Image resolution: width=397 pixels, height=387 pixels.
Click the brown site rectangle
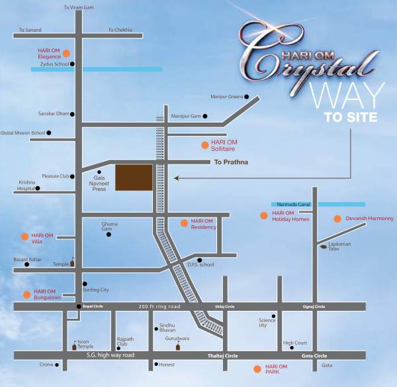(x=134, y=178)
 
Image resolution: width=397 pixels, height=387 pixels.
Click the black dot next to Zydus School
(x=71, y=64)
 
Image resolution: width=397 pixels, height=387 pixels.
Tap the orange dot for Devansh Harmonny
(x=338, y=219)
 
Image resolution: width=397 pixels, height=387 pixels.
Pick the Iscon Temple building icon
(x=74, y=345)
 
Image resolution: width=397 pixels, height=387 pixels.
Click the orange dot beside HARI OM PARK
(x=257, y=368)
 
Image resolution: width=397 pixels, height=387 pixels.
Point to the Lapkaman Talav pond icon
(x=322, y=247)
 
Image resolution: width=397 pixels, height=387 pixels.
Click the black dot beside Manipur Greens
(x=247, y=97)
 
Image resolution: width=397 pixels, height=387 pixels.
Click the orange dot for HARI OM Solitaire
(x=204, y=144)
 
